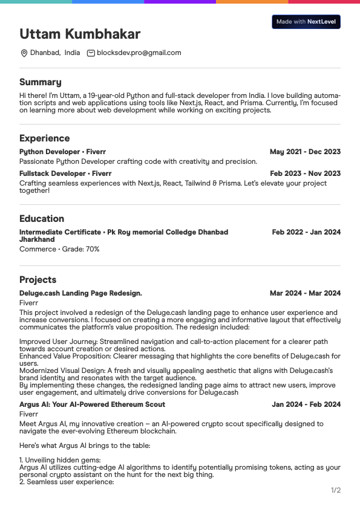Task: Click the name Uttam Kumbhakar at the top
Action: tap(80, 34)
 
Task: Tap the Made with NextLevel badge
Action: tap(306, 22)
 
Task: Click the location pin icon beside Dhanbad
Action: tap(24, 53)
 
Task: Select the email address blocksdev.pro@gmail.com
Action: tap(139, 53)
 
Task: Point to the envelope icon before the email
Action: tap(91, 53)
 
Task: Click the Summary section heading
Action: tap(41, 82)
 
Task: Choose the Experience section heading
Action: tap(44, 138)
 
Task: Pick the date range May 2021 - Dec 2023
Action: tap(305, 152)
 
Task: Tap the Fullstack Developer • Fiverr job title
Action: tap(65, 173)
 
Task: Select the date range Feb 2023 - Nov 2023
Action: tap(305, 173)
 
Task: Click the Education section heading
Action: tap(42, 219)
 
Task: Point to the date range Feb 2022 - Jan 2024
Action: tap(306, 232)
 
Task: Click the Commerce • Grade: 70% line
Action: tap(59, 249)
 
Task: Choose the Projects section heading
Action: tap(38, 280)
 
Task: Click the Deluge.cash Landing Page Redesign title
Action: tap(80, 293)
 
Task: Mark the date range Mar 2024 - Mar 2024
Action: tap(305, 293)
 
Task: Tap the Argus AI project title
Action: tap(92, 404)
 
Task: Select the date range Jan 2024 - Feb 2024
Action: tap(306, 404)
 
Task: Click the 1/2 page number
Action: tap(336, 490)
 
